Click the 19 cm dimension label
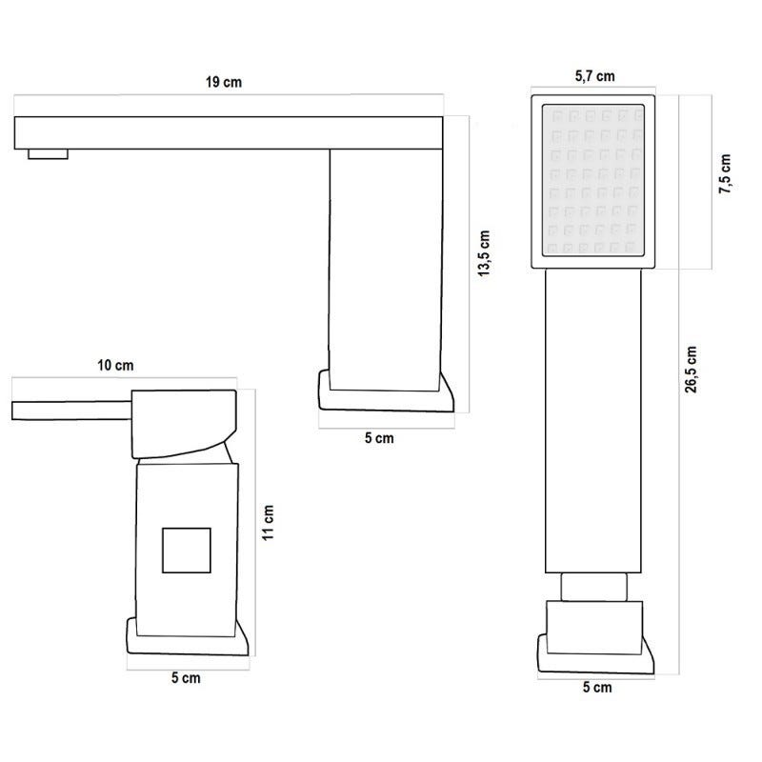(x=224, y=82)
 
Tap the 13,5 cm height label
(x=484, y=253)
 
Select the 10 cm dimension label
(x=115, y=365)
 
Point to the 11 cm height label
(x=269, y=522)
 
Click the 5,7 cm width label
(x=594, y=76)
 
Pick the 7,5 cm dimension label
(x=725, y=174)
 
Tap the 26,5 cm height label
(x=692, y=370)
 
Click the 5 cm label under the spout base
(x=379, y=438)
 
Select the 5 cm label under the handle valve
(x=186, y=677)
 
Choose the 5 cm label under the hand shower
(x=597, y=687)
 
